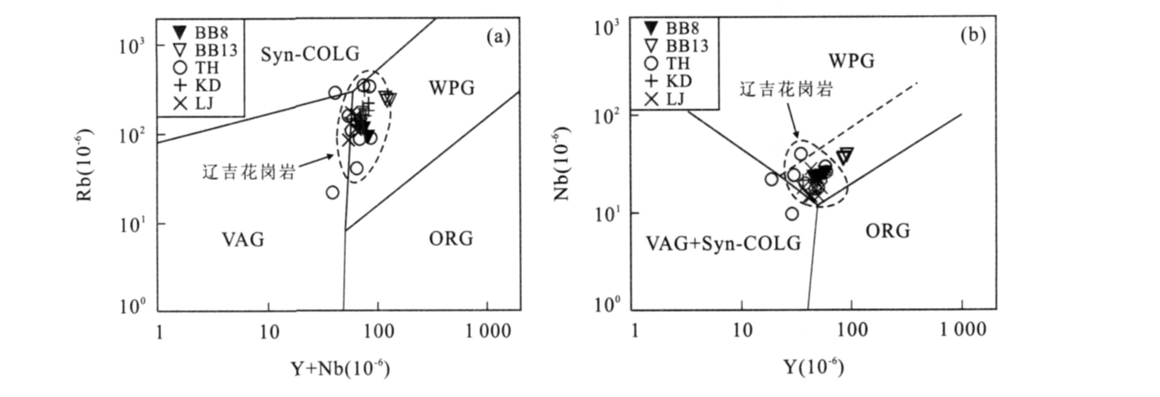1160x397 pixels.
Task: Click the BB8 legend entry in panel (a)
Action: coord(200,32)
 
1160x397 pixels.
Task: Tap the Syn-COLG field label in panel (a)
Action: coord(310,54)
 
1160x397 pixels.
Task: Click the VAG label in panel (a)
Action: coord(243,239)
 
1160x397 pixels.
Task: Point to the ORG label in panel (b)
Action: coord(887,231)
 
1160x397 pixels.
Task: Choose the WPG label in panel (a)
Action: coord(451,88)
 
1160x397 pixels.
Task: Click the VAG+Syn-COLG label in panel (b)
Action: coord(723,243)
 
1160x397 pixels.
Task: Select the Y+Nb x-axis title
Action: coord(340,368)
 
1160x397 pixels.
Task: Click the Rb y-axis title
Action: coord(84,164)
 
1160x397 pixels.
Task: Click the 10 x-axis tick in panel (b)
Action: coord(742,329)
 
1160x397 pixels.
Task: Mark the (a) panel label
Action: coord(499,37)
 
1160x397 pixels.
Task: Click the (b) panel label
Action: coord(972,35)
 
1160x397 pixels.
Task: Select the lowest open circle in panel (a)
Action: coord(332,192)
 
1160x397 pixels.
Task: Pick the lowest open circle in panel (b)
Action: coord(791,214)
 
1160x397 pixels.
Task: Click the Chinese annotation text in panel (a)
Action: coord(249,172)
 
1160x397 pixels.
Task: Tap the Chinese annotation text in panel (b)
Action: coord(786,89)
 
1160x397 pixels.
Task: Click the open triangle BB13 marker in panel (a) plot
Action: coord(388,98)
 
